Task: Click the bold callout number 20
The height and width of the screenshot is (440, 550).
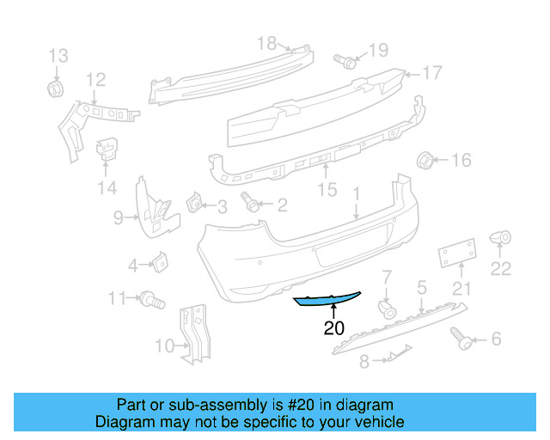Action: (x=333, y=327)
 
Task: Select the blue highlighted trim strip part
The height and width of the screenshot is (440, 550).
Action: (x=327, y=300)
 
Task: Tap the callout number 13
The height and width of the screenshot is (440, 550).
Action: (x=58, y=57)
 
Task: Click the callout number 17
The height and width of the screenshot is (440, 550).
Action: (x=431, y=73)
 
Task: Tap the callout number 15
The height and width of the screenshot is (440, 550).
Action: (x=327, y=189)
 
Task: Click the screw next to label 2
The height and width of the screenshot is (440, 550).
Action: (x=252, y=205)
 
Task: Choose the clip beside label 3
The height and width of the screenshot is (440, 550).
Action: (x=194, y=205)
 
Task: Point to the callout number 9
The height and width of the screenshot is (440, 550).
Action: (x=119, y=218)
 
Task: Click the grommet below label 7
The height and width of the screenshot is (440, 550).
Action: (x=388, y=308)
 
